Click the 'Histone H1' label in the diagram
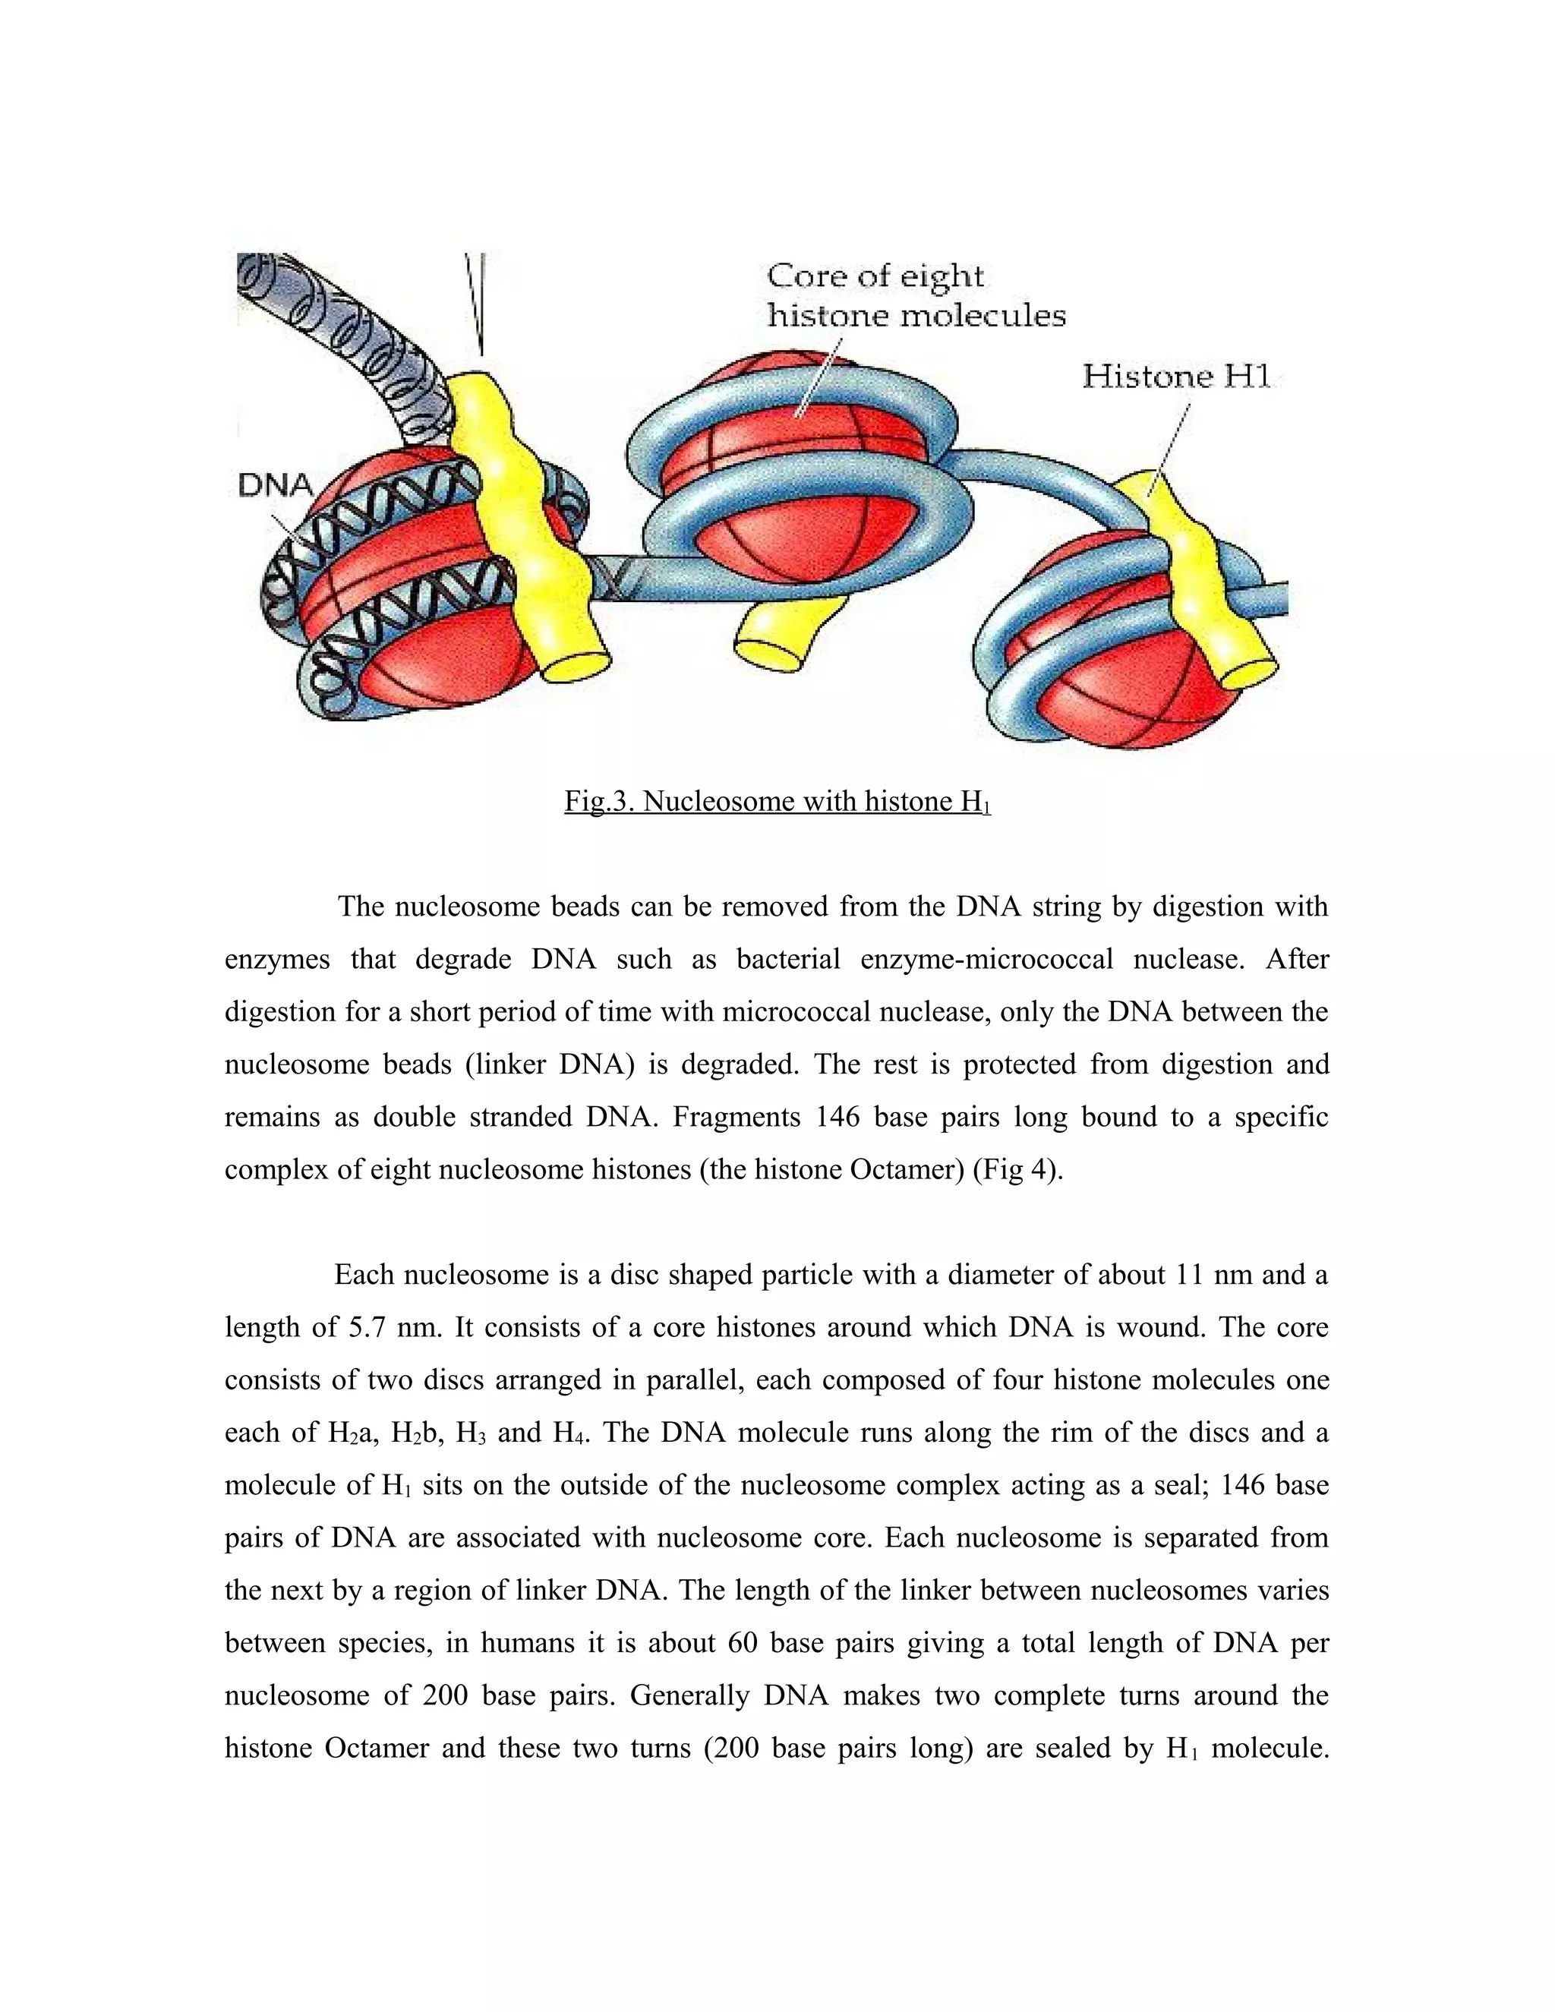(1175, 376)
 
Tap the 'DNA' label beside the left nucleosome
(276, 484)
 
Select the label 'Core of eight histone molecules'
(916, 295)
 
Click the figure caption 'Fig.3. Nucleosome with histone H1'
(777, 802)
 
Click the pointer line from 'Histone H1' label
(1167, 445)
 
